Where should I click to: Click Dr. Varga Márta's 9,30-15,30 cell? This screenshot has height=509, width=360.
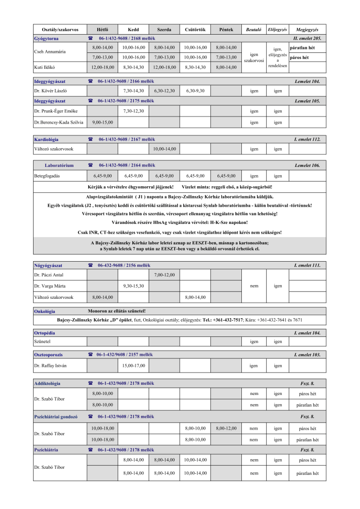[133, 286]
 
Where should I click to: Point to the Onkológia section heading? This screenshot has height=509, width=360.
[44, 311]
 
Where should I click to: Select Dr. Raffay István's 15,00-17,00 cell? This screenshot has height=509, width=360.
[133, 365]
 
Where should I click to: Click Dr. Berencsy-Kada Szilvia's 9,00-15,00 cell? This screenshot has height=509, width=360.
[102, 122]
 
